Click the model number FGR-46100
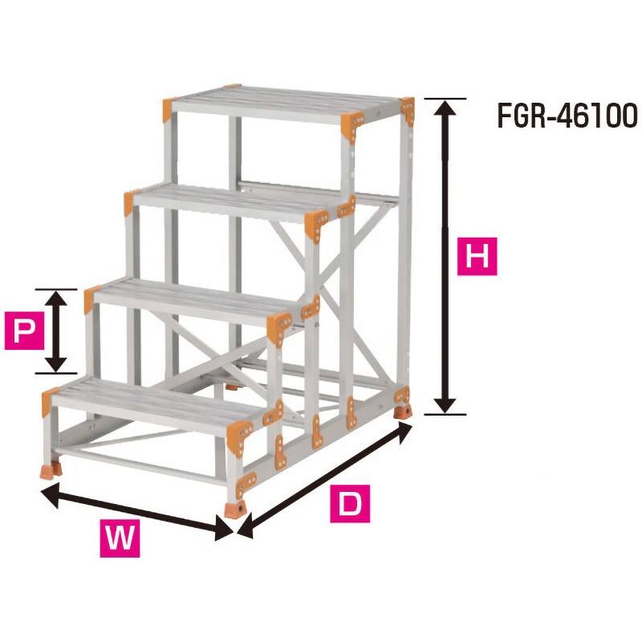[567, 116]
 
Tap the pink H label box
[477, 257]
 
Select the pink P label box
[24, 331]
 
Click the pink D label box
[350, 504]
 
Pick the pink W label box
[120, 538]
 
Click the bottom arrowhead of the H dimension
[445, 406]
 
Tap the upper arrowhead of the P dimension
[55, 298]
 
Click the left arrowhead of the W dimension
[50, 494]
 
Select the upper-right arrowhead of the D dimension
[404, 432]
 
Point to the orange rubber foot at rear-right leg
[403, 411]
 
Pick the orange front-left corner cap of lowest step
[49, 400]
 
